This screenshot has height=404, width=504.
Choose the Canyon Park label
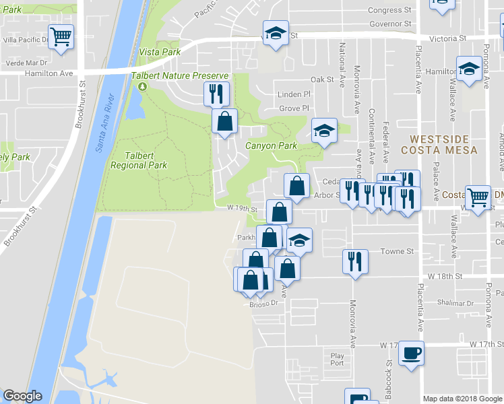271,145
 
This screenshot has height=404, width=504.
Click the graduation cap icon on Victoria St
275,34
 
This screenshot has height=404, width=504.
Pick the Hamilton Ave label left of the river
49,73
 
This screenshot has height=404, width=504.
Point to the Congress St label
390,10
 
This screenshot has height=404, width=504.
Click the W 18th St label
445,277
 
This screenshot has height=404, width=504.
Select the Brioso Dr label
264,304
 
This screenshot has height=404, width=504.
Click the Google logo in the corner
22,396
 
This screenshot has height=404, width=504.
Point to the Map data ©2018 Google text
462,399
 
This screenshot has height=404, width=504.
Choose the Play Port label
337,359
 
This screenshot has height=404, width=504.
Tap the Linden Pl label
294,95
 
